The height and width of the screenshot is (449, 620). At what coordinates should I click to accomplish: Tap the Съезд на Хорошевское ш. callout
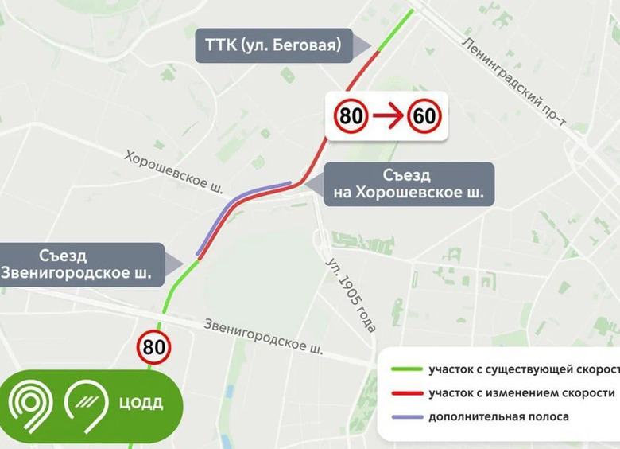click(x=408, y=184)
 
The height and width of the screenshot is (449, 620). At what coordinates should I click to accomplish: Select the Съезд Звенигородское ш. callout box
click(x=84, y=264)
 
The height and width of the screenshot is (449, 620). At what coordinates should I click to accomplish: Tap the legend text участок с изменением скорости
click(x=521, y=393)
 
